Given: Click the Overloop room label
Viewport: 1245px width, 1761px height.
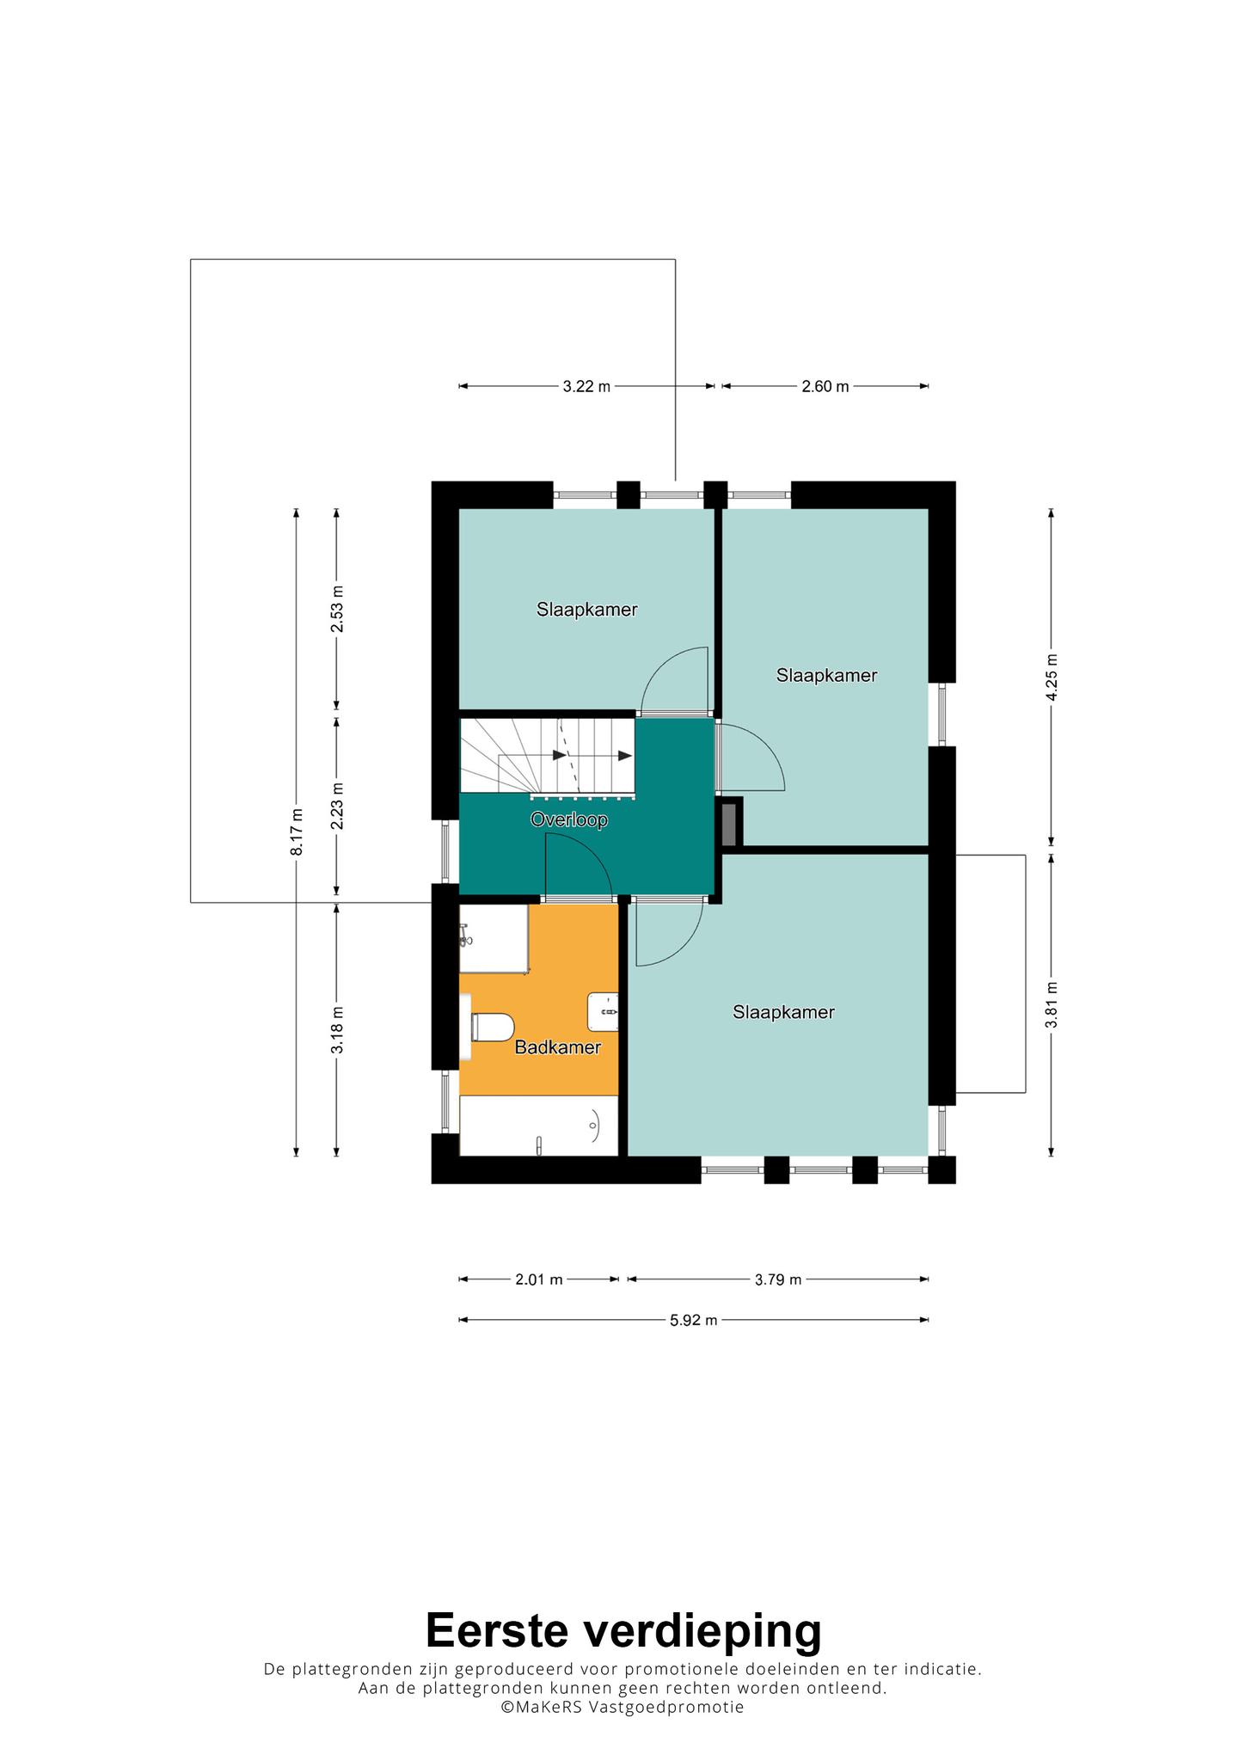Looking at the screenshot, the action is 569,820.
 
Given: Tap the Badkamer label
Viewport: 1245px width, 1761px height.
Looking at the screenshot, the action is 557,1047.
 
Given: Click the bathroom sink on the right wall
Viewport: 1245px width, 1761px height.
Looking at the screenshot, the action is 603,1012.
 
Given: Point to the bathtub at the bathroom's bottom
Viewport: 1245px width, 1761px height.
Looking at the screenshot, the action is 539,1126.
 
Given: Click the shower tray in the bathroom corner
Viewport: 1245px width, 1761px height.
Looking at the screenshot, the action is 494,939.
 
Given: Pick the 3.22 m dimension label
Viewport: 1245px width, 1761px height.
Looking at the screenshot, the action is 586,387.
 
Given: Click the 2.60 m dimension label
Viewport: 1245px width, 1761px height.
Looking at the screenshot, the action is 825,387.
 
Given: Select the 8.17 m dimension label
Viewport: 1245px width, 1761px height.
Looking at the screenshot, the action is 297,831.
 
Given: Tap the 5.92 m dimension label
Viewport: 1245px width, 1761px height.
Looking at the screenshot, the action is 693,1320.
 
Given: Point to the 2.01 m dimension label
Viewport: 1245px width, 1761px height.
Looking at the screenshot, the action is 539,1279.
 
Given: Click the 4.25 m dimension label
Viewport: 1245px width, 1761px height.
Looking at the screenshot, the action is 1052,678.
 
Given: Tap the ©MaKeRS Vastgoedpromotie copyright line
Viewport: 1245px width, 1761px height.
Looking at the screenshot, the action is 622,1708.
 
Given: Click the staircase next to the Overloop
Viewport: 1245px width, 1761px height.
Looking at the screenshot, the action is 547,756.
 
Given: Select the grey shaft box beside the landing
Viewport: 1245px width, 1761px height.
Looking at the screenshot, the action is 730,823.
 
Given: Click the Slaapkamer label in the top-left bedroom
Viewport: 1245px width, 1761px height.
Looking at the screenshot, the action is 587,610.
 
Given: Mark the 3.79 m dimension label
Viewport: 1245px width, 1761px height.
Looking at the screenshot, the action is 778,1279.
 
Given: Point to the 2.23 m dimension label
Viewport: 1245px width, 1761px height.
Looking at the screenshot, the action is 337,806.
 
